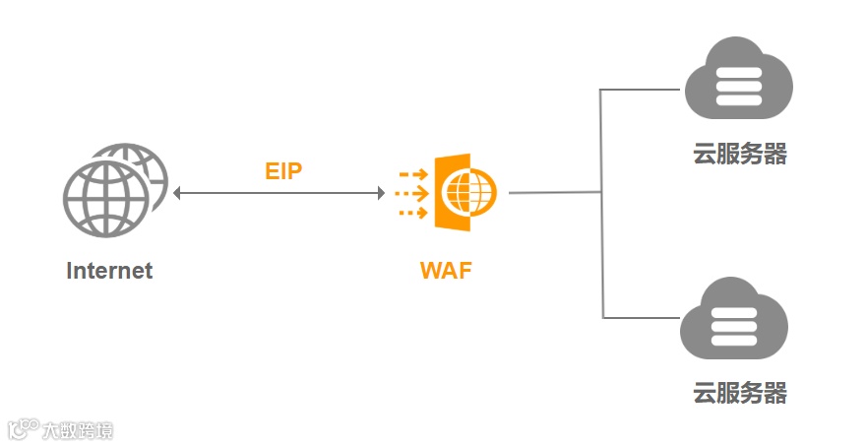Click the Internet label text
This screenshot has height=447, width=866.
tap(109, 271)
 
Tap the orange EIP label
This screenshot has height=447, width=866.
tap(283, 171)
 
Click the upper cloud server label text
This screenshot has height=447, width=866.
tap(740, 155)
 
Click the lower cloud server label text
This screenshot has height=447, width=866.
tap(740, 393)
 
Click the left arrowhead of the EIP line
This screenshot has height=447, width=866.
tap(178, 194)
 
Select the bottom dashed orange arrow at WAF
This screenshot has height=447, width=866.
tap(413, 212)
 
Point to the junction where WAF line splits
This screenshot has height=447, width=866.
tap(601, 193)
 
